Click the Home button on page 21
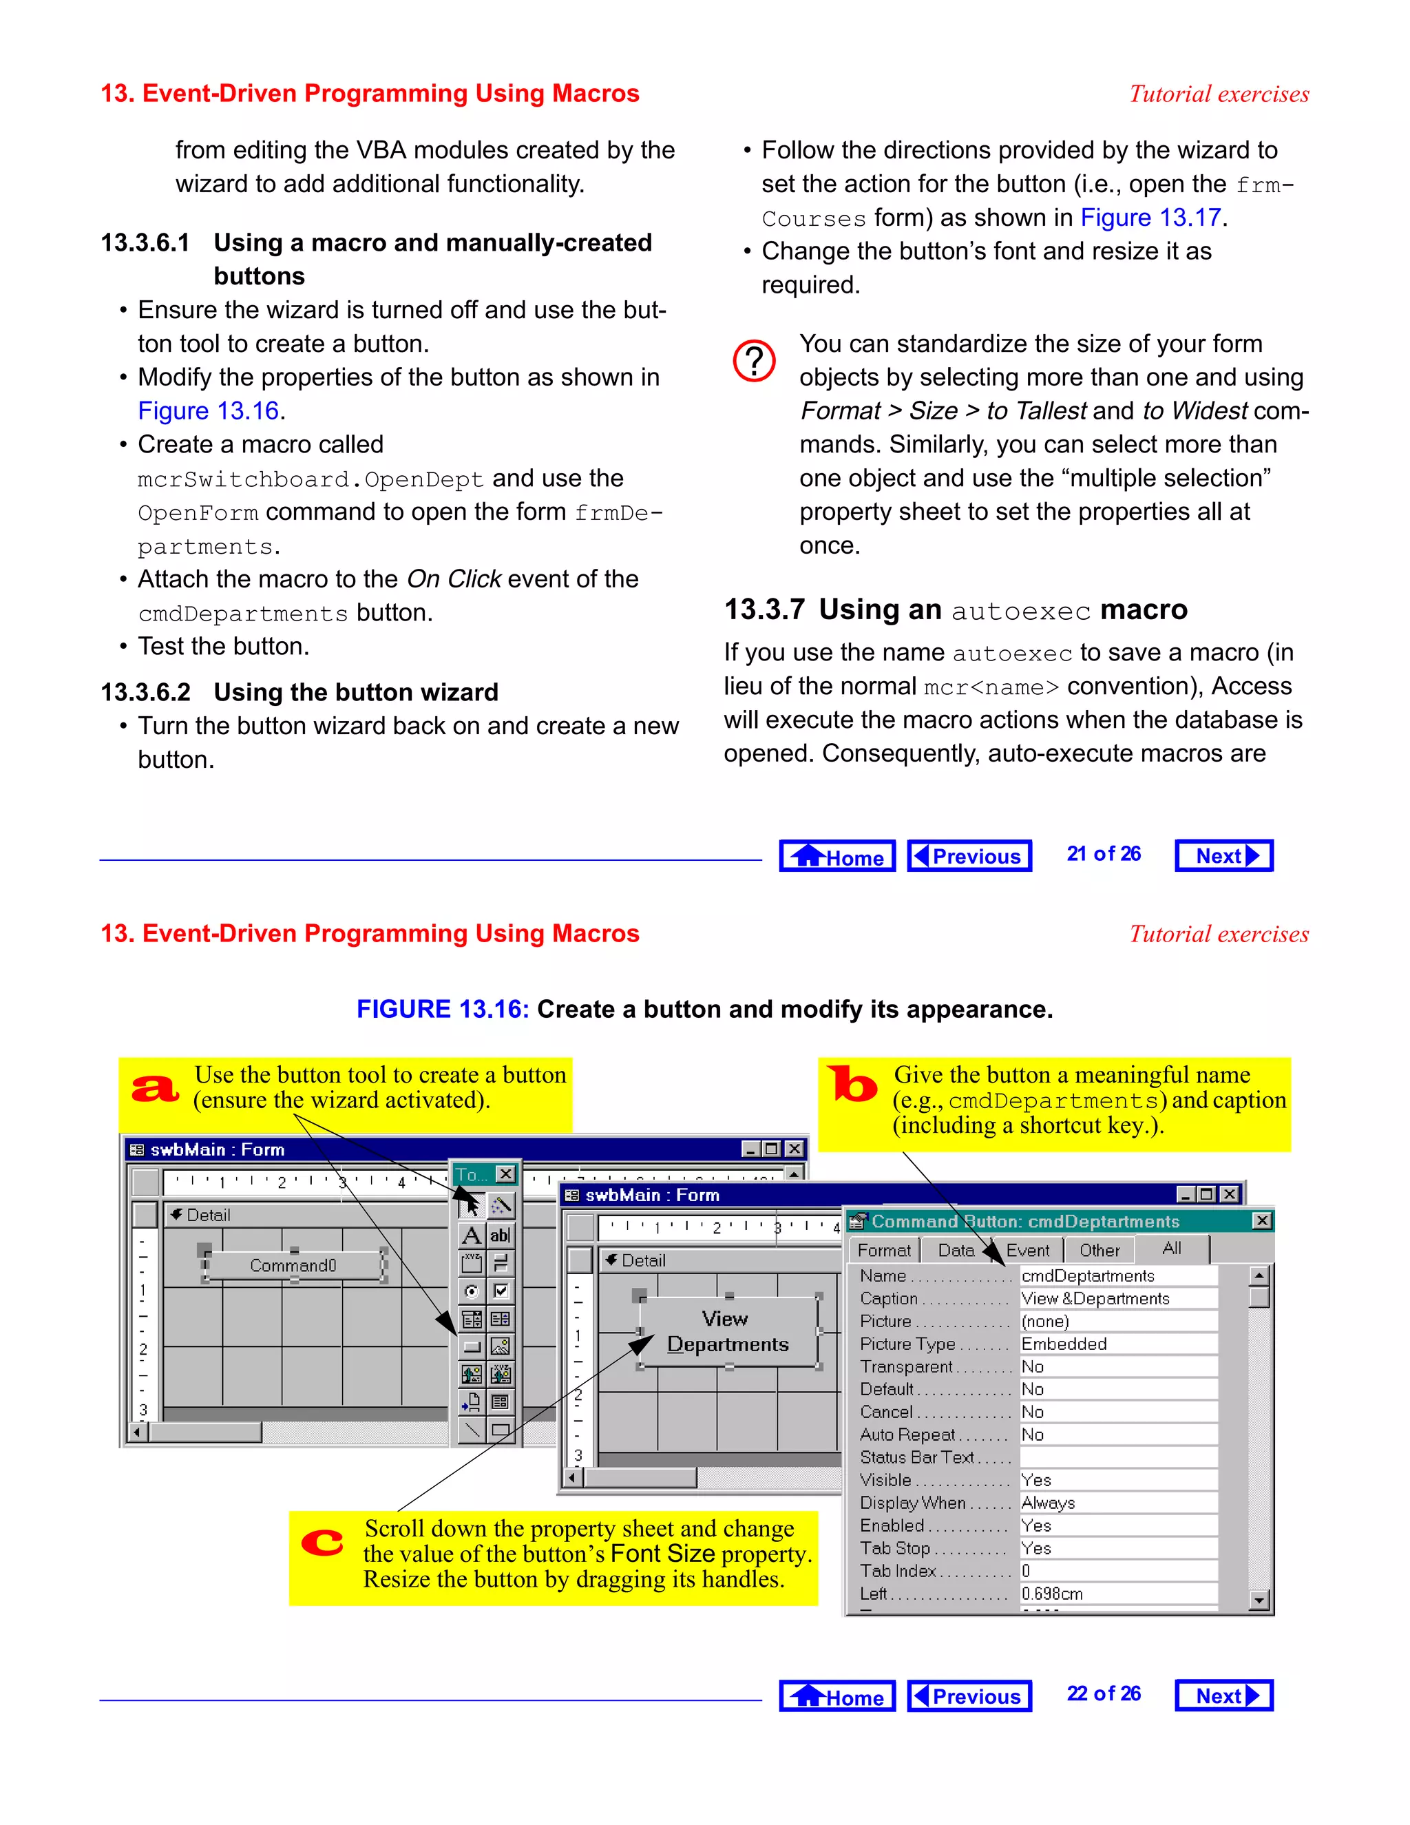click(837, 855)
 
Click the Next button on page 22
click(1223, 1696)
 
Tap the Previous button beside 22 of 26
click(969, 1696)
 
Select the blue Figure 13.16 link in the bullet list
click(208, 410)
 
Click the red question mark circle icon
click(753, 361)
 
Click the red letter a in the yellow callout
click(156, 1088)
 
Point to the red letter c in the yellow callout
click(322, 1542)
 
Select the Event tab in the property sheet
click(1027, 1250)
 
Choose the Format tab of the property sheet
click(884, 1250)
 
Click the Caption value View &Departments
click(1095, 1299)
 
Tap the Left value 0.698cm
click(1053, 1594)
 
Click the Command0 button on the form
click(293, 1265)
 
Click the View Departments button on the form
click(728, 1331)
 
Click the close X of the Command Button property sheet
click(1262, 1221)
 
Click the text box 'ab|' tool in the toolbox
click(500, 1235)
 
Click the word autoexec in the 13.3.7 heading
click(1021, 611)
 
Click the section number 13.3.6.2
click(145, 692)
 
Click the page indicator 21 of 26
click(1103, 854)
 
